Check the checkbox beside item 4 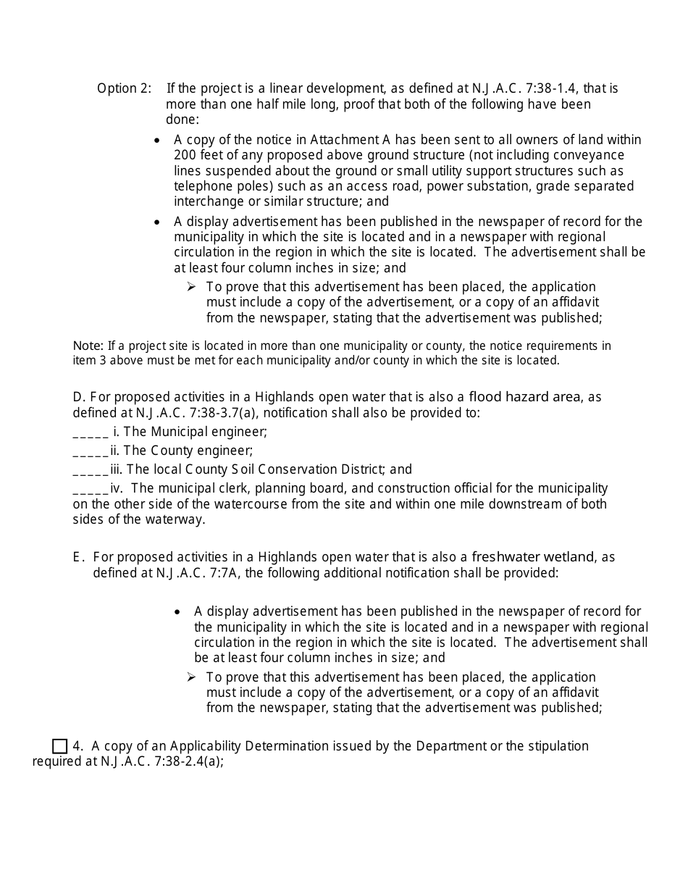tap(60, 746)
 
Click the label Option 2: tap(124, 88)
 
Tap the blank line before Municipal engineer tap(91, 432)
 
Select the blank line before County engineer tap(91, 451)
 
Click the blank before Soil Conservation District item tap(91, 469)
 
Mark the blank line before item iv tap(91, 488)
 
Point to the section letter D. tap(79, 397)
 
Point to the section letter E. tap(77, 557)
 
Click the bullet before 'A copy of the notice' tap(157, 140)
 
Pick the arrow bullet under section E tap(191, 677)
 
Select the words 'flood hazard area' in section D tap(525, 396)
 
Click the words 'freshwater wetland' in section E tap(533, 556)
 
